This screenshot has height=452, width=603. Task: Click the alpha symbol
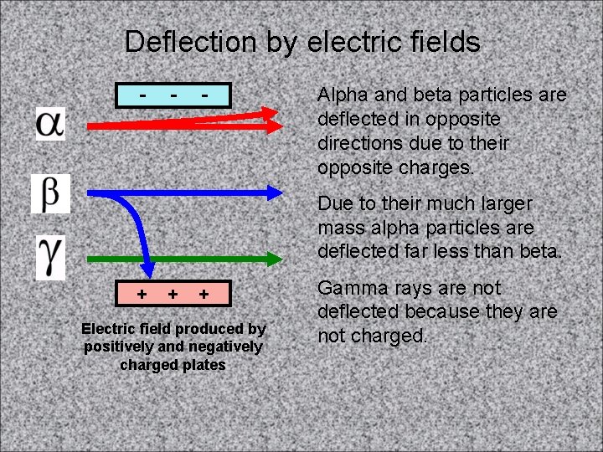49,123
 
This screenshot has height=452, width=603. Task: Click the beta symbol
50,193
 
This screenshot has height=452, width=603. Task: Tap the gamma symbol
50,257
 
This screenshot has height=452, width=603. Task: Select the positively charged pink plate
173,295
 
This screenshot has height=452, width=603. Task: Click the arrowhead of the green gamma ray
276,259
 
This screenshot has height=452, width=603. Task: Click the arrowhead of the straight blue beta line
276,192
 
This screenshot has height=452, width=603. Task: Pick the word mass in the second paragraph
342,227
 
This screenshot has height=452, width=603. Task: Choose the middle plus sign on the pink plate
173,294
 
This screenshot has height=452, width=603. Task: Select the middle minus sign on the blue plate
173,95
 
